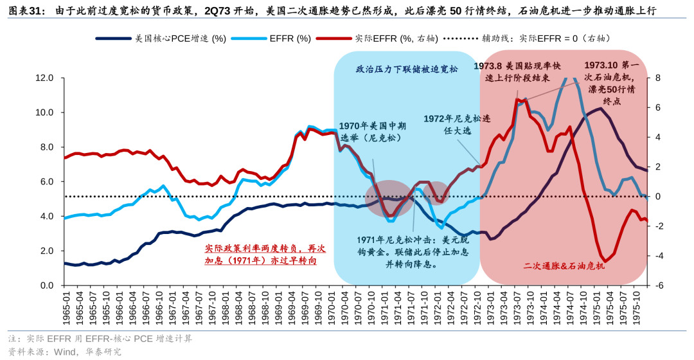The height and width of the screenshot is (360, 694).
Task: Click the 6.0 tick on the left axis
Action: click(46, 182)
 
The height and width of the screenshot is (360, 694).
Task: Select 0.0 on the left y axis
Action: click(46, 285)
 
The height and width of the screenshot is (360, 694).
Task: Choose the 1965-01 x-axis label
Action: click(64, 309)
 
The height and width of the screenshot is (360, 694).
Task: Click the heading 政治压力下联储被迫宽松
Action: click(407, 69)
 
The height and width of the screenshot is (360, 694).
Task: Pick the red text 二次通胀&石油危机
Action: click(564, 265)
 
